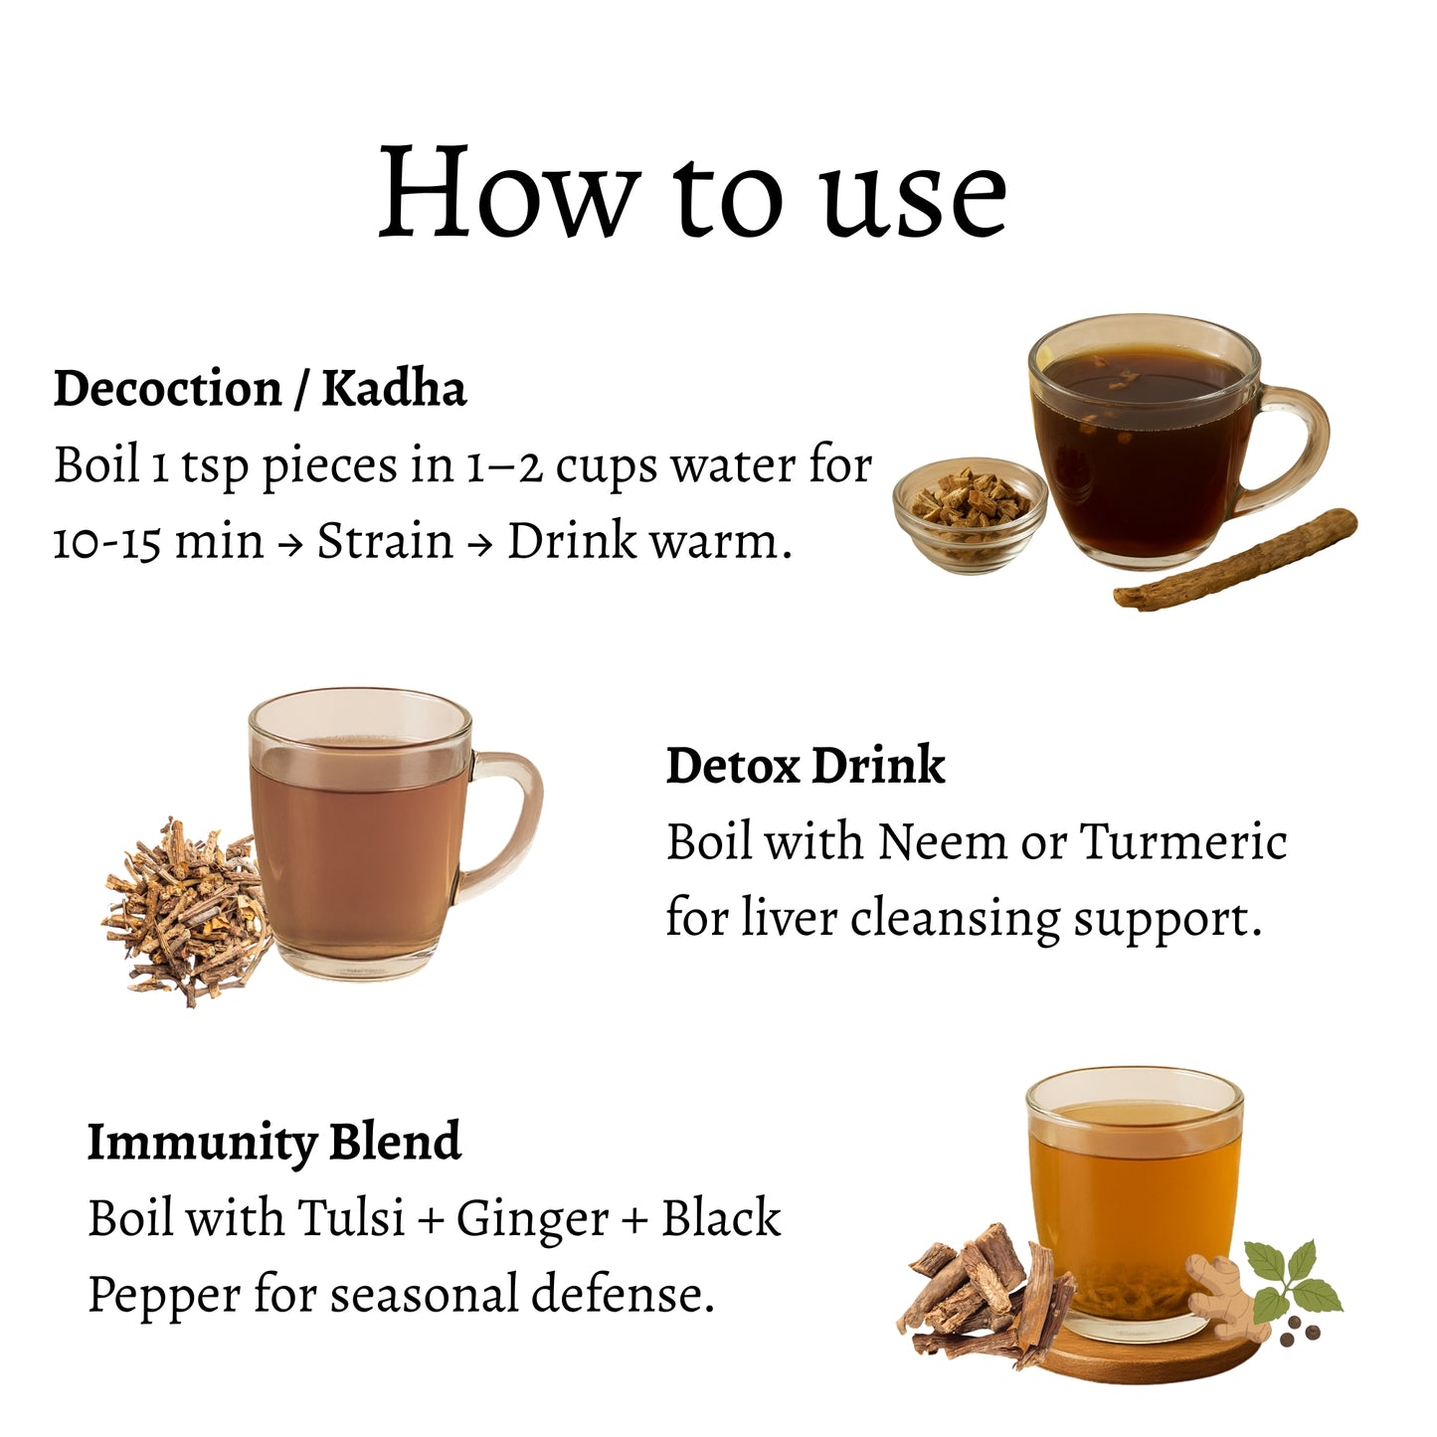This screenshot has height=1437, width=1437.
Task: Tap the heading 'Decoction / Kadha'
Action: (260, 389)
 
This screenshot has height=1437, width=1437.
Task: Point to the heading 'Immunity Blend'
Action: (274, 1143)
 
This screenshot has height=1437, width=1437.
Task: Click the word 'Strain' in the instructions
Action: (385, 540)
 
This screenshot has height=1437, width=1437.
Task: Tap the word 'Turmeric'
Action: (1183, 842)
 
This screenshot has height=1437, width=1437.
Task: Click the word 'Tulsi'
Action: (350, 1218)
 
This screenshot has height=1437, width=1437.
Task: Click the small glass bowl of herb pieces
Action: (970, 514)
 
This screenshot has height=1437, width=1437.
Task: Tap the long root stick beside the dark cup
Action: (1235, 559)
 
